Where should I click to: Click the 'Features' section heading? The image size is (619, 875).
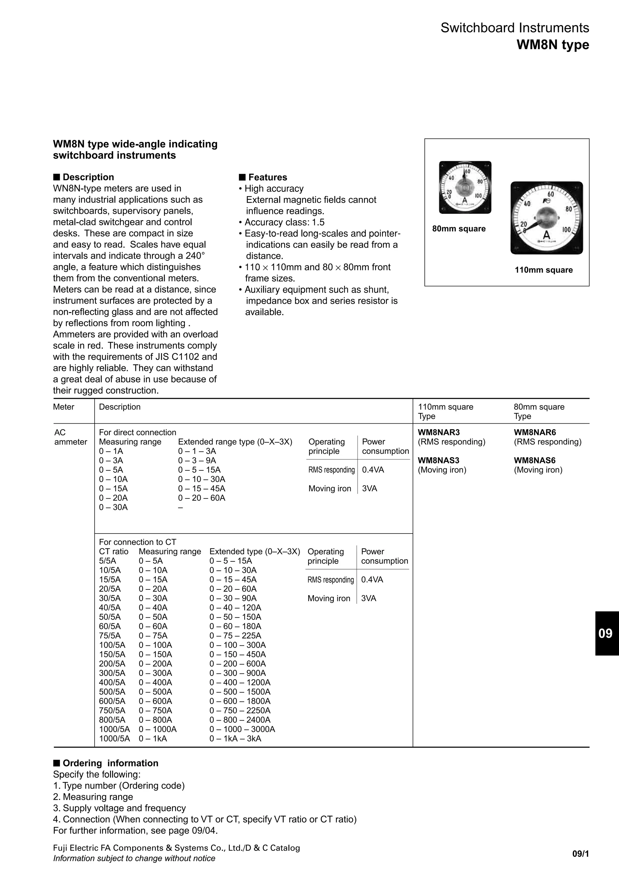[267, 177]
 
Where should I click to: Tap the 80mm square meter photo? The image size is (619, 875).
[465, 187]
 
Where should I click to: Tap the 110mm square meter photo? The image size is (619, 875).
[546, 218]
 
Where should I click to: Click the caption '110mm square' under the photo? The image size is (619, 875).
[543, 270]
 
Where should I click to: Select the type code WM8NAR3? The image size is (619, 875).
[439, 432]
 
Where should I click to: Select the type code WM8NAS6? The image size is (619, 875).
[534, 460]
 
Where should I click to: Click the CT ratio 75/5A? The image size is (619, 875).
[110, 636]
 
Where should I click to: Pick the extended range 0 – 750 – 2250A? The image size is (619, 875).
[240, 710]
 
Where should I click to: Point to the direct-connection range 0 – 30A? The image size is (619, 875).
[113, 507]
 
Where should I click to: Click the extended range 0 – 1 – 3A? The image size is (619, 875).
[197, 451]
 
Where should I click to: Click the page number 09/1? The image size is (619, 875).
[580, 854]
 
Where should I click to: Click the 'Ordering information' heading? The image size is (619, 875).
[110, 763]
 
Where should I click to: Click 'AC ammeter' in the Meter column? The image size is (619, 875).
[70, 437]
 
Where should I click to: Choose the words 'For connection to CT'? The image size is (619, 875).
[138, 542]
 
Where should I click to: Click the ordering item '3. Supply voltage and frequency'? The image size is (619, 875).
[119, 808]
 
